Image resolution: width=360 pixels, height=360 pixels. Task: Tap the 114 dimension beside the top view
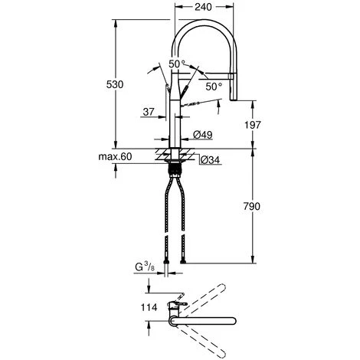click(151, 307)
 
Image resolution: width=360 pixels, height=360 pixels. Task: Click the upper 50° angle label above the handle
click(178, 64)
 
